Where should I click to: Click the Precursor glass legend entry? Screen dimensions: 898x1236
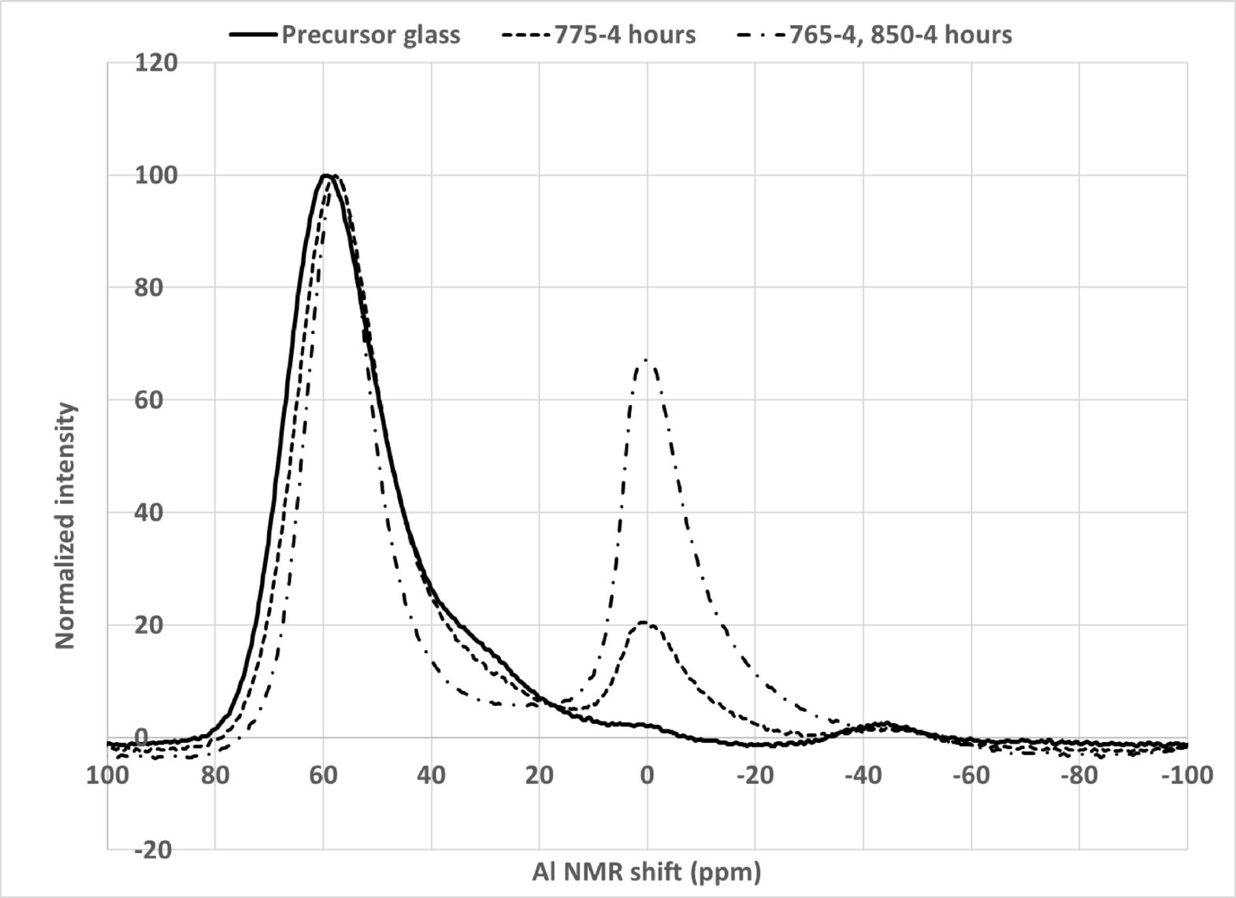pos(370,35)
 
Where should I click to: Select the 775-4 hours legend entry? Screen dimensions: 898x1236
pos(625,35)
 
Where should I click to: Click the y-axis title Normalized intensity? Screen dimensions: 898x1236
pos(66,526)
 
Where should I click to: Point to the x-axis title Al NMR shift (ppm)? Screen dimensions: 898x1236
pos(647,872)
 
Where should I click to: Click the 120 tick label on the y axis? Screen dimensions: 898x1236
pos(156,62)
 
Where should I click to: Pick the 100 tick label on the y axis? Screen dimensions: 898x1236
pos(156,175)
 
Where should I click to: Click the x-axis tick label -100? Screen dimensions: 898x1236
pos(1186,775)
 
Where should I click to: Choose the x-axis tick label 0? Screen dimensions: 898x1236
pos(647,775)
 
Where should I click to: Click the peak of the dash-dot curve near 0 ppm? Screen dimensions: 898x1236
pos(646,361)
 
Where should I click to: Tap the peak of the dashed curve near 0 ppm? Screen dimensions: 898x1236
pos(644,622)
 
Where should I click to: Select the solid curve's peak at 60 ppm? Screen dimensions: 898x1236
pos(325,175)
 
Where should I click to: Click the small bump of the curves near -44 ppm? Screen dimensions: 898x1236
pos(885,724)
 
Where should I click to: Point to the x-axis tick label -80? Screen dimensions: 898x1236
pos(1078,775)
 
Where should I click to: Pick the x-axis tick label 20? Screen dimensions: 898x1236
pos(539,775)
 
